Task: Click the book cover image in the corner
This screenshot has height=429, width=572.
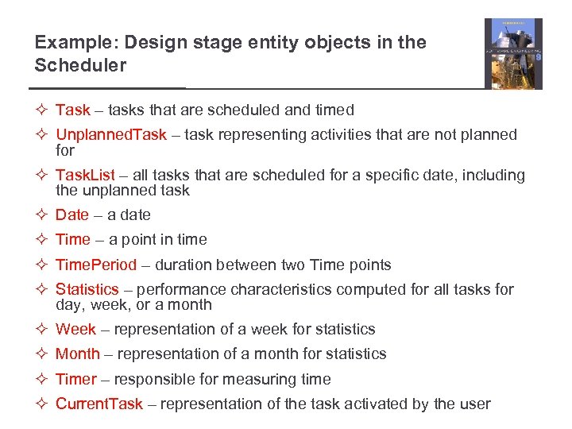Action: pyautogui.click(x=513, y=53)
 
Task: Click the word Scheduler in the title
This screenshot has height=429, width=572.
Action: pyautogui.click(x=80, y=66)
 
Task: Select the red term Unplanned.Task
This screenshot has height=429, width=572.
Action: pyautogui.click(x=111, y=135)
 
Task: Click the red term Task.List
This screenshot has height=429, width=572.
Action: pyautogui.click(x=85, y=175)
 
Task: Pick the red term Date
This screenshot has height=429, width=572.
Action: pyautogui.click(x=72, y=214)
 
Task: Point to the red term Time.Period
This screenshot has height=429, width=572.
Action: pyautogui.click(x=95, y=265)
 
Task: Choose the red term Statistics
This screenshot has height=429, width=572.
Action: pyautogui.click(x=87, y=289)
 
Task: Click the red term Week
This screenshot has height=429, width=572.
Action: pyautogui.click(x=75, y=329)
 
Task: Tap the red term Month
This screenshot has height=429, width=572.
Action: pyautogui.click(x=78, y=354)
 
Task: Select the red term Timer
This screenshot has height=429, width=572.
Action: pyautogui.click(x=75, y=379)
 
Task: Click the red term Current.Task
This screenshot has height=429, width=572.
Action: pyautogui.click(x=99, y=404)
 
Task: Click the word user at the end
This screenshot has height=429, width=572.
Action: pyautogui.click(x=473, y=404)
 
